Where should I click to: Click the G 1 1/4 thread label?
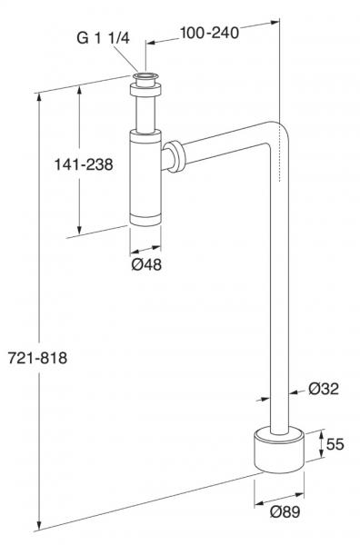coord(103,37)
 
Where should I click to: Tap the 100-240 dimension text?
coord(209,33)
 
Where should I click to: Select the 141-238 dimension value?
coord(84,164)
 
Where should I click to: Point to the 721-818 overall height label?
coord(37,358)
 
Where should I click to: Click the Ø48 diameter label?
coord(146,265)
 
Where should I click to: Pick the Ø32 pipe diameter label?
coord(324,389)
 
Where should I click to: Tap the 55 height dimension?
coord(335,444)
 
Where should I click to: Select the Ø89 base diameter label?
coord(285,511)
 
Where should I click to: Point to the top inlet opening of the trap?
coord(145,75)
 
